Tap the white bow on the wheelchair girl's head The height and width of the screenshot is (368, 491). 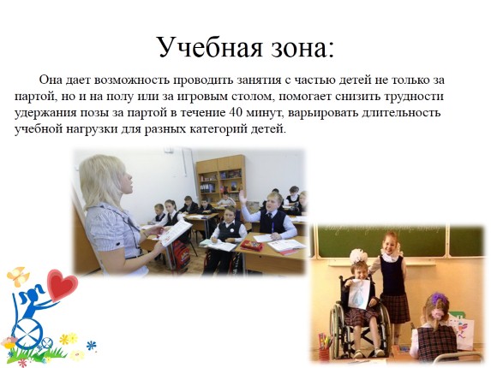click(x=358, y=258)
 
